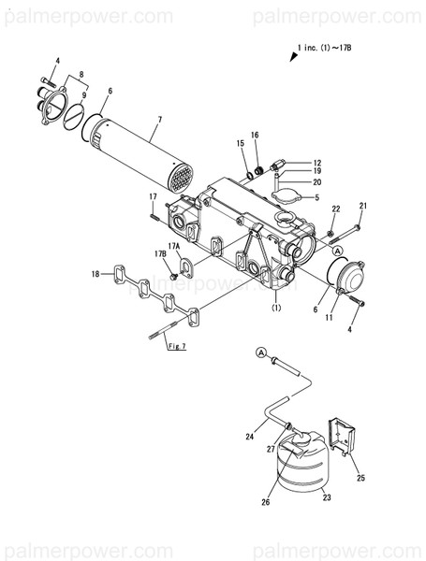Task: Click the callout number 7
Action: coord(159,121)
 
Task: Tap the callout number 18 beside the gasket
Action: coord(95,274)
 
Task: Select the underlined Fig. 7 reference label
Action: coord(176,347)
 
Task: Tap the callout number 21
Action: coord(363,206)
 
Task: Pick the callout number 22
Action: coord(336,208)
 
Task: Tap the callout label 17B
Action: coord(160,253)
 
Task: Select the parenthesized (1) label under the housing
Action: coord(276,308)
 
